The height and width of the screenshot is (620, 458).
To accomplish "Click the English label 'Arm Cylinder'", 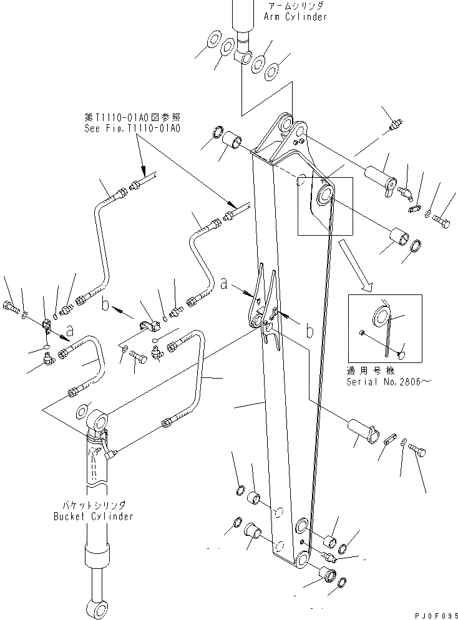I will click(295, 17).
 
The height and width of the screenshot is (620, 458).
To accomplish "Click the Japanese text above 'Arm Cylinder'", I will click(296, 6).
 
